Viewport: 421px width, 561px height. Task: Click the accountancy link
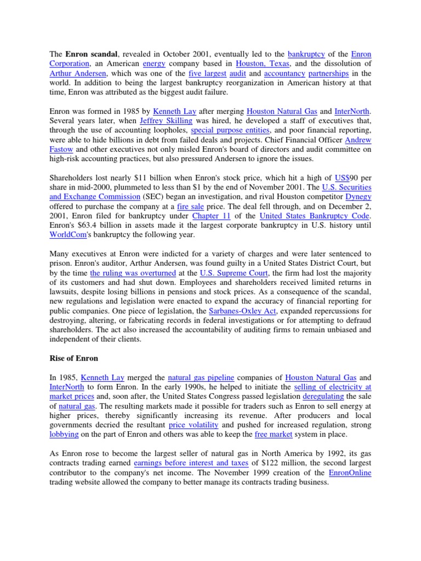pos(283,73)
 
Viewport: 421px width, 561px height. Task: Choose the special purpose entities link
pos(230,130)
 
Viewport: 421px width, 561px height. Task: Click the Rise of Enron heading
pos(74,358)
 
